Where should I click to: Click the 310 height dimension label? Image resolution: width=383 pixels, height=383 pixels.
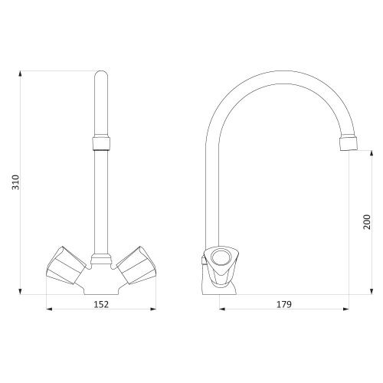point(16,182)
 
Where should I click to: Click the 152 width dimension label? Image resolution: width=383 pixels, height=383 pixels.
point(101,304)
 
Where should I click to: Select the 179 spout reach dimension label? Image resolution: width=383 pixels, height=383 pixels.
point(284,304)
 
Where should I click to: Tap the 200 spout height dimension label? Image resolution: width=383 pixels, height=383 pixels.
point(367,222)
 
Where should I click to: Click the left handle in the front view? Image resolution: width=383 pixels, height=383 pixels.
point(66,265)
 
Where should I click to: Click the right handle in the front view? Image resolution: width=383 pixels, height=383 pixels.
point(136,265)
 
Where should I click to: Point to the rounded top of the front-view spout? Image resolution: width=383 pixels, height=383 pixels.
point(101,74)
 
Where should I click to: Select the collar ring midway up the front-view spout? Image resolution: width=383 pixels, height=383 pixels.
point(101,143)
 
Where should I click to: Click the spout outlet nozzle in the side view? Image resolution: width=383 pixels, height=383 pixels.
point(349,144)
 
